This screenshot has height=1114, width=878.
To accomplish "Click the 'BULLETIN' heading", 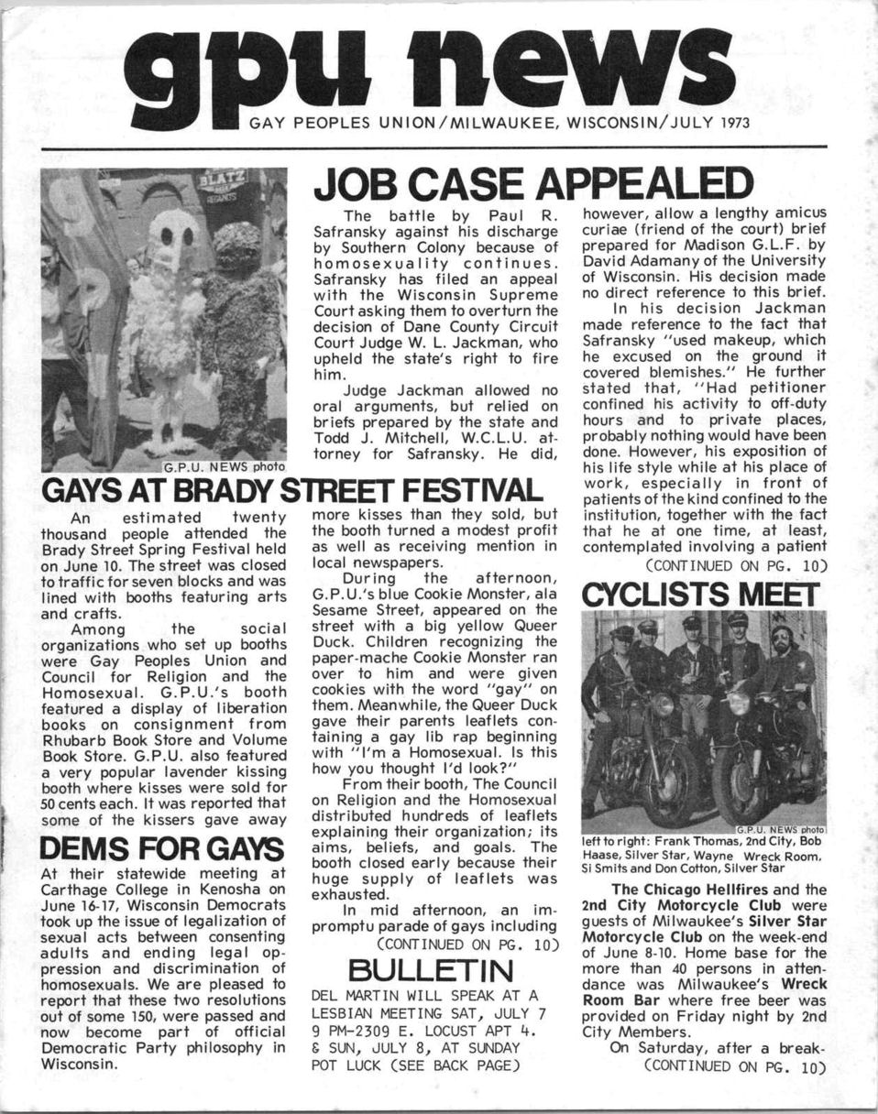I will pyautogui.click(x=435, y=968).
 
